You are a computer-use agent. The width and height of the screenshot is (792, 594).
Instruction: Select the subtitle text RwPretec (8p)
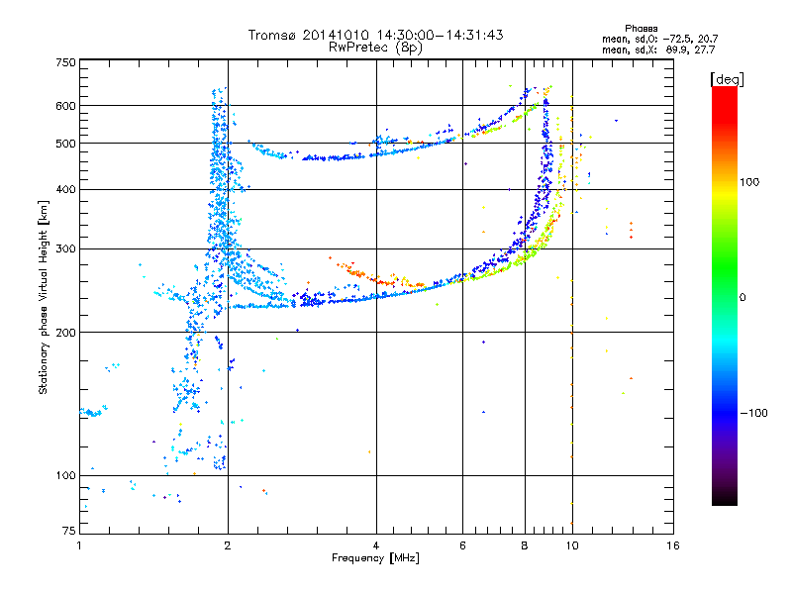(375, 48)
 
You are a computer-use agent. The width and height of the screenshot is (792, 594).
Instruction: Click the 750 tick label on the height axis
(65, 62)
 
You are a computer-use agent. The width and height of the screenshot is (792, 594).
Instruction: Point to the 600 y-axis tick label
(65, 106)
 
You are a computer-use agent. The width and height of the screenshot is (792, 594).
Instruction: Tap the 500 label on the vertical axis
(65, 144)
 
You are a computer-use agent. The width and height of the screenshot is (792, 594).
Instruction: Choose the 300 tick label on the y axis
(65, 249)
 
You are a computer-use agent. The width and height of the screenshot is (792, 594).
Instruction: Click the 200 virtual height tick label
(65, 333)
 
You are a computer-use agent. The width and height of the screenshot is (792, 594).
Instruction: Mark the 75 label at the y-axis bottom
(69, 531)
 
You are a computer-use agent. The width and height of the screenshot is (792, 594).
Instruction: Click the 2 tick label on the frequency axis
(228, 545)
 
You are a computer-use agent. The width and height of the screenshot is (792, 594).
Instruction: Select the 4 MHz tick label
(376, 545)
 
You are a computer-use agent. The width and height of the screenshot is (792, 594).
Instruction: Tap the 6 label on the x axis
(462, 545)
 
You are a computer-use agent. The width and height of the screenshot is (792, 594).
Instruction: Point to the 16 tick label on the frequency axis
(673, 545)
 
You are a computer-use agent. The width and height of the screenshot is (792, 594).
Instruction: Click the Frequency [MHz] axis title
(375, 558)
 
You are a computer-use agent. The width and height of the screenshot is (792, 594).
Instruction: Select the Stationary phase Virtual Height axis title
(44, 298)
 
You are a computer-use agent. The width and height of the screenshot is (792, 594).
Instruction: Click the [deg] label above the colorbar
(727, 80)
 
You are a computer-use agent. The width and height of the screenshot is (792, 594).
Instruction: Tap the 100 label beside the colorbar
(749, 182)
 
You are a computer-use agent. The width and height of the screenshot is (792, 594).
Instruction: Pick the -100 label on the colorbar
(754, 413)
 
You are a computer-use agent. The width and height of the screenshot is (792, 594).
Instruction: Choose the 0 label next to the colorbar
(742, 298)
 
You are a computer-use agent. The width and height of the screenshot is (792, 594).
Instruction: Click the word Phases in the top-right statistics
(641, 29)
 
